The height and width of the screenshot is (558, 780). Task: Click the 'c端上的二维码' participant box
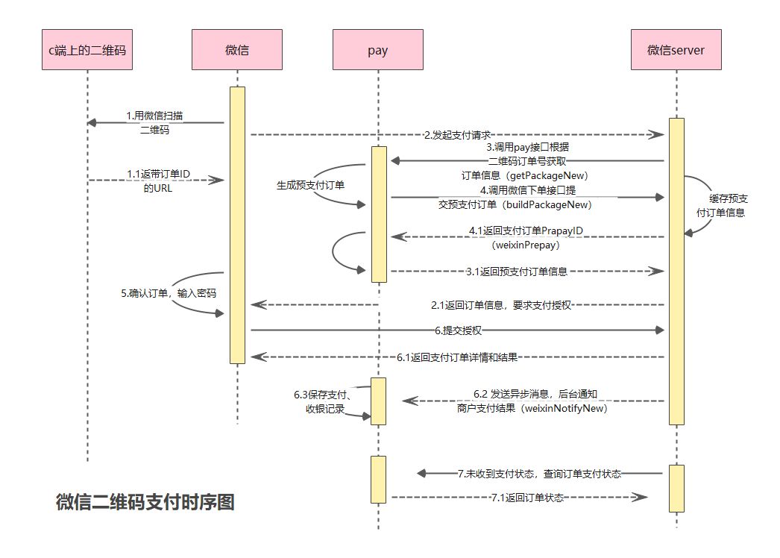pyautogui.click(x=87, y=50)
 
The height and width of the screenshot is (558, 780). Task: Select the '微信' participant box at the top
pyautogui.click(x=237, y=50)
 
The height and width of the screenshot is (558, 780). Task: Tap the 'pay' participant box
pyautogui.click(x=378, y=50)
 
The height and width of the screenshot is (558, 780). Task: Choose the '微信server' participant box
pyautogui.click(x=676, y=50)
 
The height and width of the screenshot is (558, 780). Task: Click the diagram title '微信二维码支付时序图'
pyautogui.click(x=145, y=502)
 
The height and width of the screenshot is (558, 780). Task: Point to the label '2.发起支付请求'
pyautogui.click(x=457, y=135)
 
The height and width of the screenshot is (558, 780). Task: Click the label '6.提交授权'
pyautogui.click(x=457, y=330)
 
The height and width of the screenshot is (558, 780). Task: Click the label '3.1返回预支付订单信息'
pyautogui.click(x=518, y=272)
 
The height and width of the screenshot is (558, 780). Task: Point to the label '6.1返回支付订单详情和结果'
pyautogui.click(x=457, y=357)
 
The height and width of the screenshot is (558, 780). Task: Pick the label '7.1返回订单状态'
pyautogui.click(x=527, y=497)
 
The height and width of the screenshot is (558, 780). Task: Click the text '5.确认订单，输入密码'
pyautogui.click(x=169, y=293)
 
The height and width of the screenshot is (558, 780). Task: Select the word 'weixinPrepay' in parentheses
pyautogui.click(x=527, y=245)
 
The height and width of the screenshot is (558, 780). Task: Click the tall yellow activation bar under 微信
pyautogui.click(x=237, y=224)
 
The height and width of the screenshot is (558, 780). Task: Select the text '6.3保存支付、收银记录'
pyautogui.click(x=323, y=401)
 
